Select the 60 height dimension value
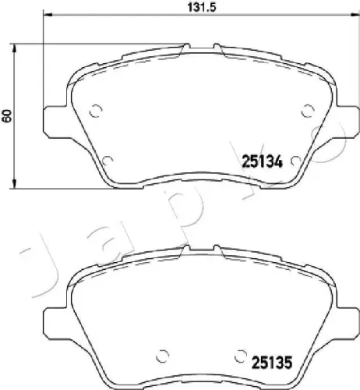7,115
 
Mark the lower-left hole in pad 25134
107,158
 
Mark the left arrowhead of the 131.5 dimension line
44,16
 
